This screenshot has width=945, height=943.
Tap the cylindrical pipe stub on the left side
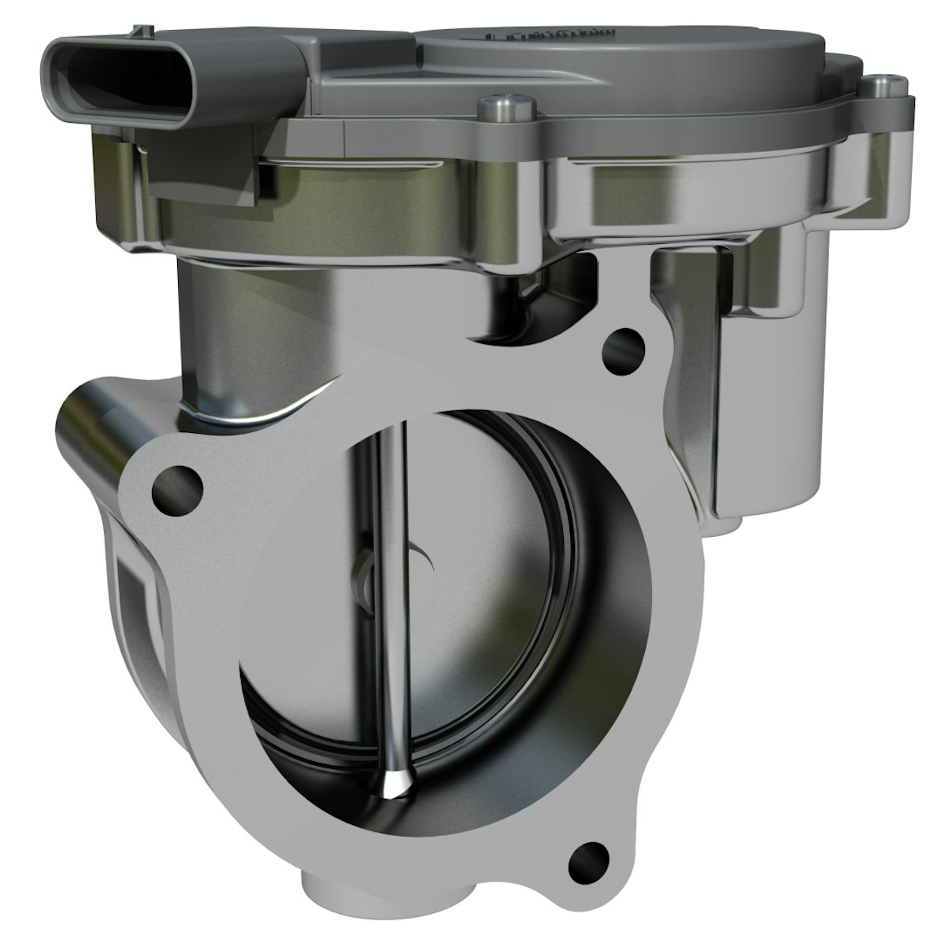pyautogui.click(x=94, y=425)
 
